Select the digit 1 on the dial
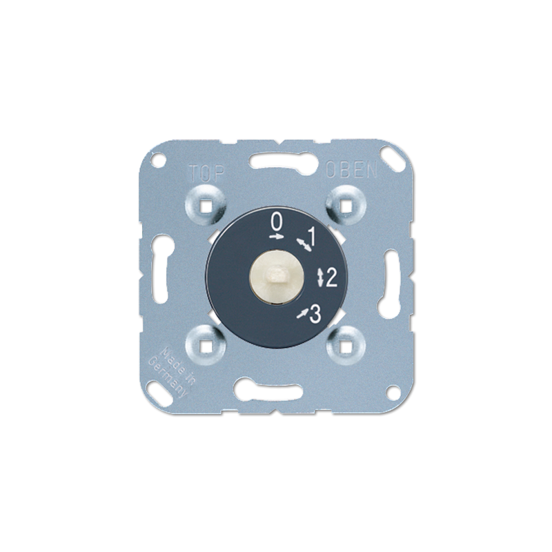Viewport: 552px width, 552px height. [x=311, y=237]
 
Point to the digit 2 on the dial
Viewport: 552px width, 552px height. [x=331, y=277]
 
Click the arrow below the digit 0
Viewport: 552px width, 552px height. [x=276, y=236]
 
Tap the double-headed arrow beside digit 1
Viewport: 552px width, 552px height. [x=302, y=244]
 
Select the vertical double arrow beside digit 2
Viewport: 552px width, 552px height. [x=318, y=277]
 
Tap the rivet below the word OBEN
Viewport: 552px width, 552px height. [x=345, y=204]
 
